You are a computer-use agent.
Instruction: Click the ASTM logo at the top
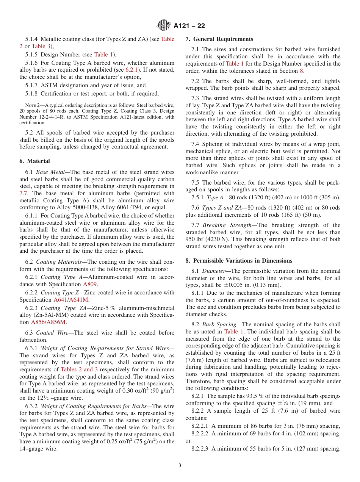coord(164,25)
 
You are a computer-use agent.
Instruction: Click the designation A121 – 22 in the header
coord(189,26)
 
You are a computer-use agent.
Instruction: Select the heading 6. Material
coord(34,161)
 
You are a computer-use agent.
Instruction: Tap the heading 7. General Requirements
coord(219,39)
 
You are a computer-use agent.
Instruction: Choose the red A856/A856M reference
coord(49,322)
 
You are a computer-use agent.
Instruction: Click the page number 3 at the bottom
coord(180,466)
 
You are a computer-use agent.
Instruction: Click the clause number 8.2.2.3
coord(200,449)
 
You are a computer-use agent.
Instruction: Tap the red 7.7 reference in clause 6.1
coord(23,193)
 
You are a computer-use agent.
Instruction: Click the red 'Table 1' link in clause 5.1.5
coord(103,55)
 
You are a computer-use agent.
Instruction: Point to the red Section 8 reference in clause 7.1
coord(301,70)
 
